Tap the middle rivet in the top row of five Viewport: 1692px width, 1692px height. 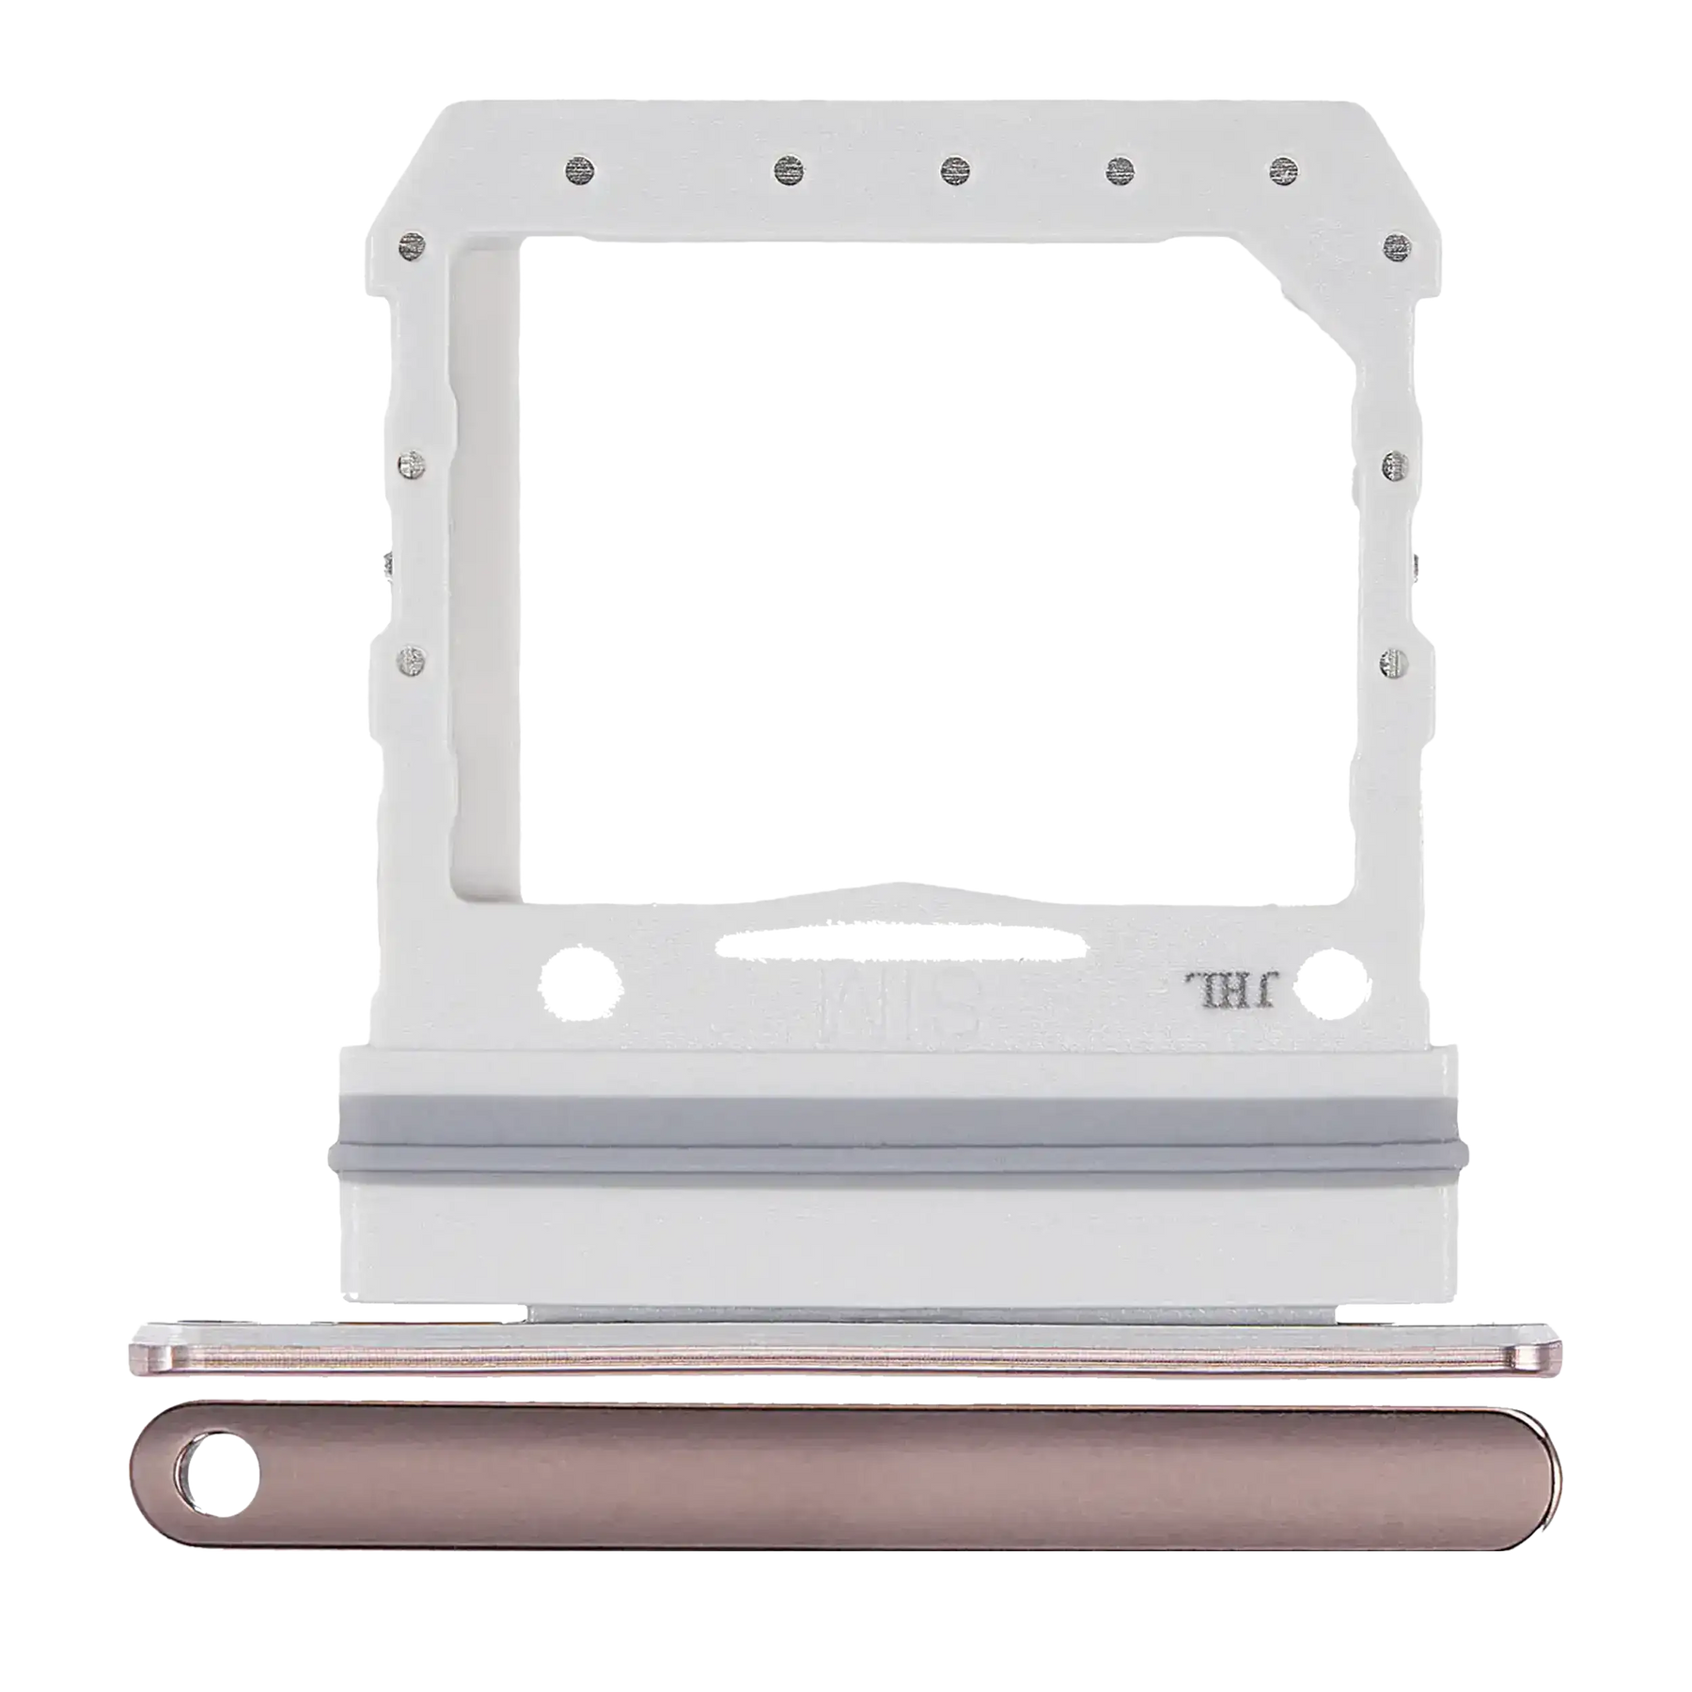point(954,169)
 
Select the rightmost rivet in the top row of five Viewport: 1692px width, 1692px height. point(1283,169)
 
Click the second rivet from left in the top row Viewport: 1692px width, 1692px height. point(786,170)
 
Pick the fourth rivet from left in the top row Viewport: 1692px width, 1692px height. point(1119,169)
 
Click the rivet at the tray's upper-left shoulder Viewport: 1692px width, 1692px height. point(407,246)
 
